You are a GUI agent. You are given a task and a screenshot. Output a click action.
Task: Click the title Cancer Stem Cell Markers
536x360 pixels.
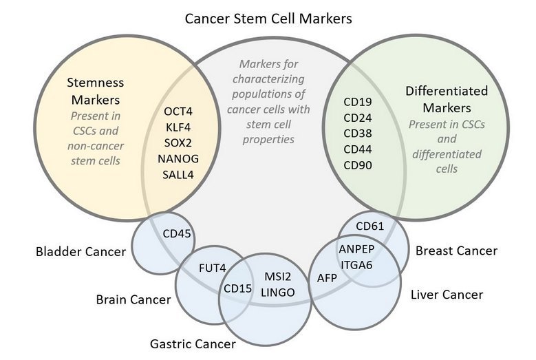[268, 19]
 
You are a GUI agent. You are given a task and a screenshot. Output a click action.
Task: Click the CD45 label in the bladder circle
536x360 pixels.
[177, 233]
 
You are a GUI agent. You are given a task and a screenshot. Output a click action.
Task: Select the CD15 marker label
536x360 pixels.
[237, 288]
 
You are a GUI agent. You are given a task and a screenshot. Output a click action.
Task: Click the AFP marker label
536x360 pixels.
[327, 278]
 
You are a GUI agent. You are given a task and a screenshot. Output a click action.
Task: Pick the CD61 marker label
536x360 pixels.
[370, 225]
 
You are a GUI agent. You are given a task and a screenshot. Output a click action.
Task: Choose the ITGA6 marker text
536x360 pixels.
[356, 263]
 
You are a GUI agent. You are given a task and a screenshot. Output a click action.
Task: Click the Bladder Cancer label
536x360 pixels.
[81, 251]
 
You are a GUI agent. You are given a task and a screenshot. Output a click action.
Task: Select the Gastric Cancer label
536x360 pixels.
[193, 343]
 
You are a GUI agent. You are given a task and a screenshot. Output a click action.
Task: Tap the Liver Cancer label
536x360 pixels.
[447, 295]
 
